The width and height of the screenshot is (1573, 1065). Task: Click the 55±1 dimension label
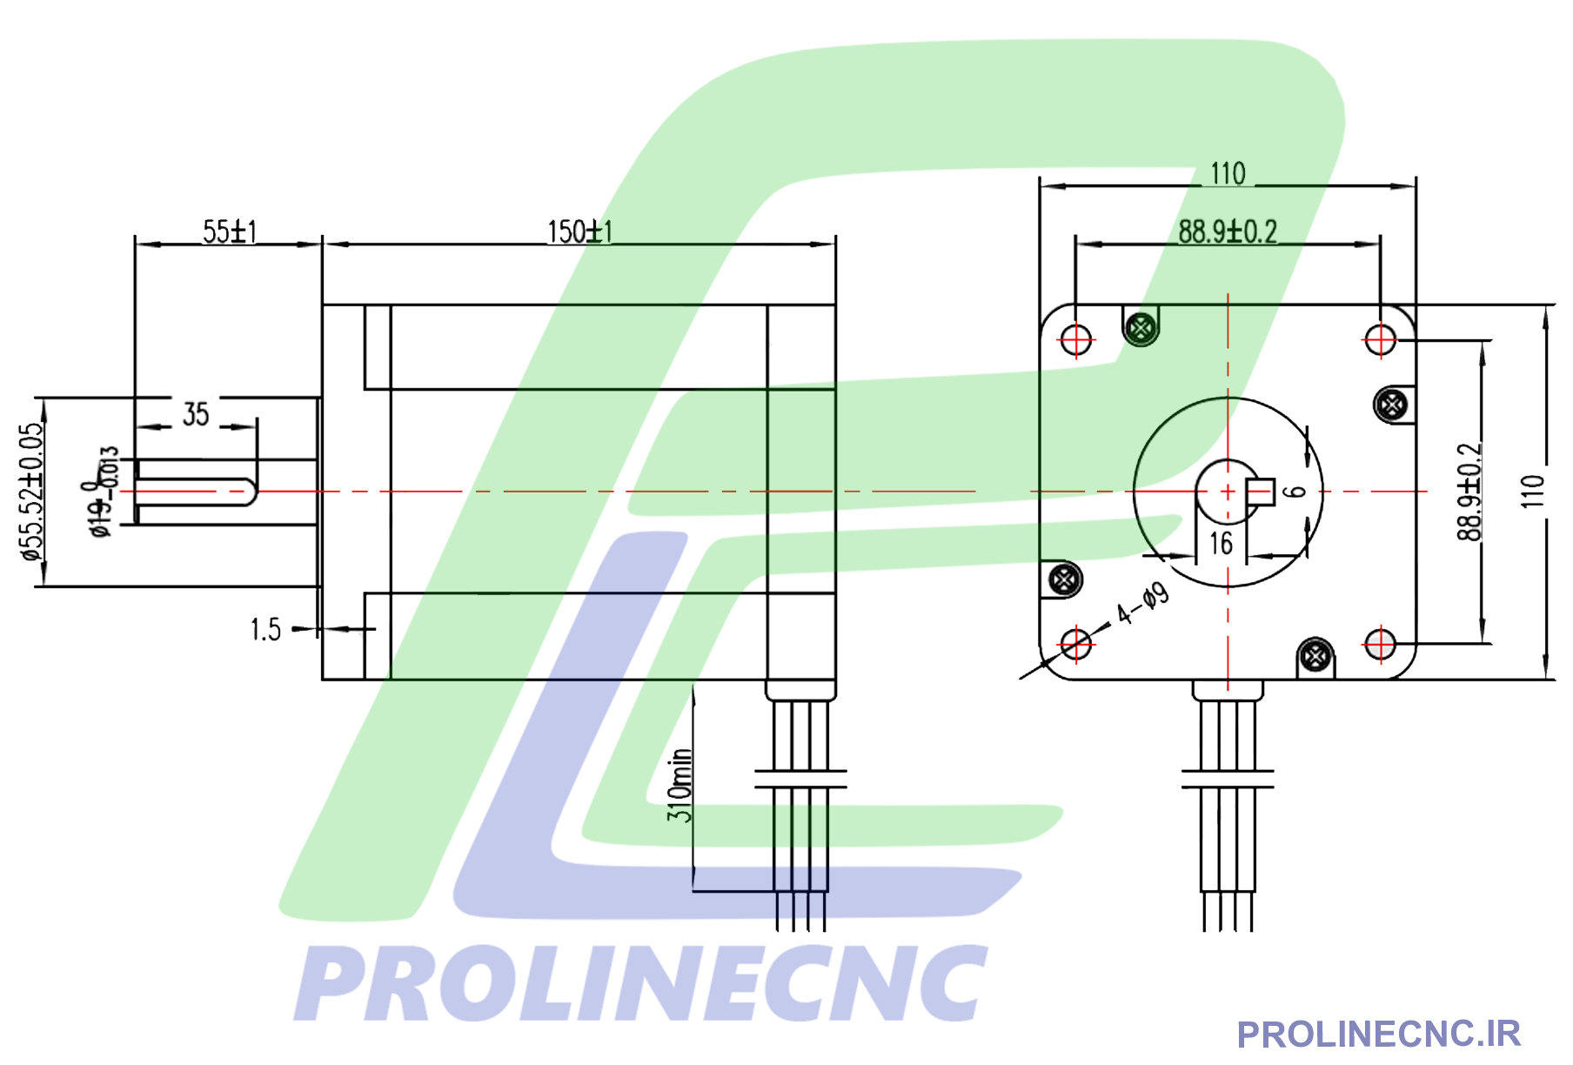pyautogui.click(x=230, y=231)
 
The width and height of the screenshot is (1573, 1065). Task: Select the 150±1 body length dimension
pyautogui.click(x=579, y=231)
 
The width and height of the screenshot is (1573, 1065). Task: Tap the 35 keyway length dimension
pyautogui.click(x=196, y=414)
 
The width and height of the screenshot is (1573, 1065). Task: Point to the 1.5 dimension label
pyautogui.click(x=265, y=629)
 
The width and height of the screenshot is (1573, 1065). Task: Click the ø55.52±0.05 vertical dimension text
pyautogui.click(x=31, y=492)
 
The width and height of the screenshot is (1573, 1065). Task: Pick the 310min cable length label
pyautogui.click(x=680, y=785)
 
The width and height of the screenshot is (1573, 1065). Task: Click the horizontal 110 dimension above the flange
pyautogui.click(x=1228, y=174)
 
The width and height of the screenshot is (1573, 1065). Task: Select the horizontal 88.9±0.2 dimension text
pyautogui.click(x=1228, y=231)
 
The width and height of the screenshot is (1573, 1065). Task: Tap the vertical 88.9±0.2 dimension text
pyautogui.click(x=1469, y=492)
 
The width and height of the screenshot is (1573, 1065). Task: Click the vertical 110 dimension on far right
pyautogui.click(x=1533, y=492)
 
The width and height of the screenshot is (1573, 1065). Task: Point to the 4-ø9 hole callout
pyautogui.click(x=1143, y=604)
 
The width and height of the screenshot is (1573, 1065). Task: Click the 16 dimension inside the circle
pyautogui.click(x=1221, y=544)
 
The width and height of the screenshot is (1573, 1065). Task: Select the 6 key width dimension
pyautogui.click(x=1296, y=492)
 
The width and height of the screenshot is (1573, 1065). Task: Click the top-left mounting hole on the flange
pyautogui.click(x=1076, y=338)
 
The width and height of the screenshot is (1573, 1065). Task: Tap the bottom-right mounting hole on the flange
pyautogui.click(x=1380, y=645)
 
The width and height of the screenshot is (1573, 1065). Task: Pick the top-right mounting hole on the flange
pyautogui.click(x=1380, y=338)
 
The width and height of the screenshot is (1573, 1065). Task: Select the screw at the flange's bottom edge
pyautogui.click(x=1315, y=655)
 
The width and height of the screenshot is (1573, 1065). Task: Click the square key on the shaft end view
pyautogui.click(x=1261, y=492)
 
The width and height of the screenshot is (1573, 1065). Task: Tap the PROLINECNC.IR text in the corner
pyautogui.click(x=1378, y=1035)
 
